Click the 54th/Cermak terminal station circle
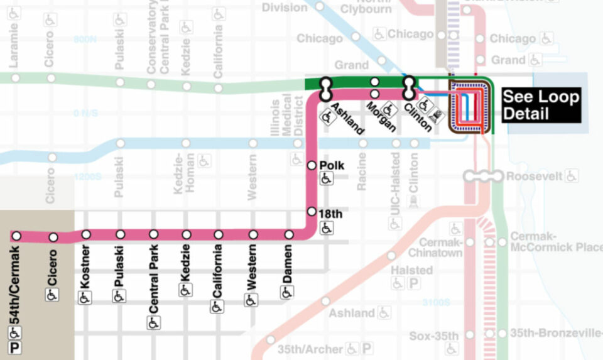tap(17, 236)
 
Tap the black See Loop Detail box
tap(540, 106)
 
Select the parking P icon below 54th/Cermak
tap(14, 347)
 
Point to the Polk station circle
tap(311, 165)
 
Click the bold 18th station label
tap(331, 214)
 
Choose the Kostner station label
tap(86, 267)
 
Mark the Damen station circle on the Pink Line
tap(289, 235)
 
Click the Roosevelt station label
tap(534, 177)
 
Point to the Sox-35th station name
tap(433, 336)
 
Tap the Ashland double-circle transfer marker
tap(325, 89)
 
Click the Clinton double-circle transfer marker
tap(409, 89)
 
